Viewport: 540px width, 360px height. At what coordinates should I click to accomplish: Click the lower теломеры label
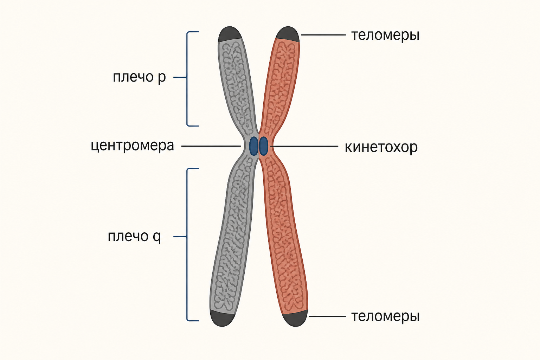point(385,317)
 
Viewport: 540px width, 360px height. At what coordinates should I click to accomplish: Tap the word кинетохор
point(381,147)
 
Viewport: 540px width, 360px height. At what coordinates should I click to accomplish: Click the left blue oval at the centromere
point(253,146)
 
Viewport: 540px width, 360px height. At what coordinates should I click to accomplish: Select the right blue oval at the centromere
point(263,146)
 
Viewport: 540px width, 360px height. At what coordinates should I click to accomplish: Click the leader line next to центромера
point(211,146)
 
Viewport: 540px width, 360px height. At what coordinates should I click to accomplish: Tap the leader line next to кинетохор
point(304,146)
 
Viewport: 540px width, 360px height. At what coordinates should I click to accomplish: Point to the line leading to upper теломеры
point(323,35)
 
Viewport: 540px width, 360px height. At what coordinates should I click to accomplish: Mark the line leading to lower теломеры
point(328,316)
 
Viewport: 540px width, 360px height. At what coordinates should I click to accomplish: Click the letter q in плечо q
point(157,238)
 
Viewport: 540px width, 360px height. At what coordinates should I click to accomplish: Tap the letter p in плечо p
point(162,79)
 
